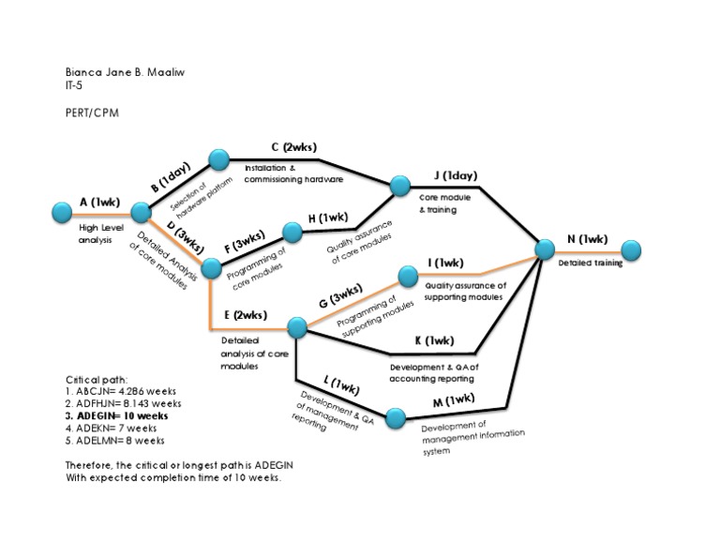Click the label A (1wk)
point(100,202)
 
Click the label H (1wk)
point(328,218)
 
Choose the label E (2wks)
point(246,315)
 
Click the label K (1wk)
point(434,339)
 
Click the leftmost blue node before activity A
point(63,210)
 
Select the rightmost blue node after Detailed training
point(631,250)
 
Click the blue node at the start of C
point(219,160)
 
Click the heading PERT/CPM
point(92,113)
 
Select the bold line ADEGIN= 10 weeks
point(117,414)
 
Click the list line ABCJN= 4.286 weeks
point(121,390)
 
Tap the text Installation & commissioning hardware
point(293,173)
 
